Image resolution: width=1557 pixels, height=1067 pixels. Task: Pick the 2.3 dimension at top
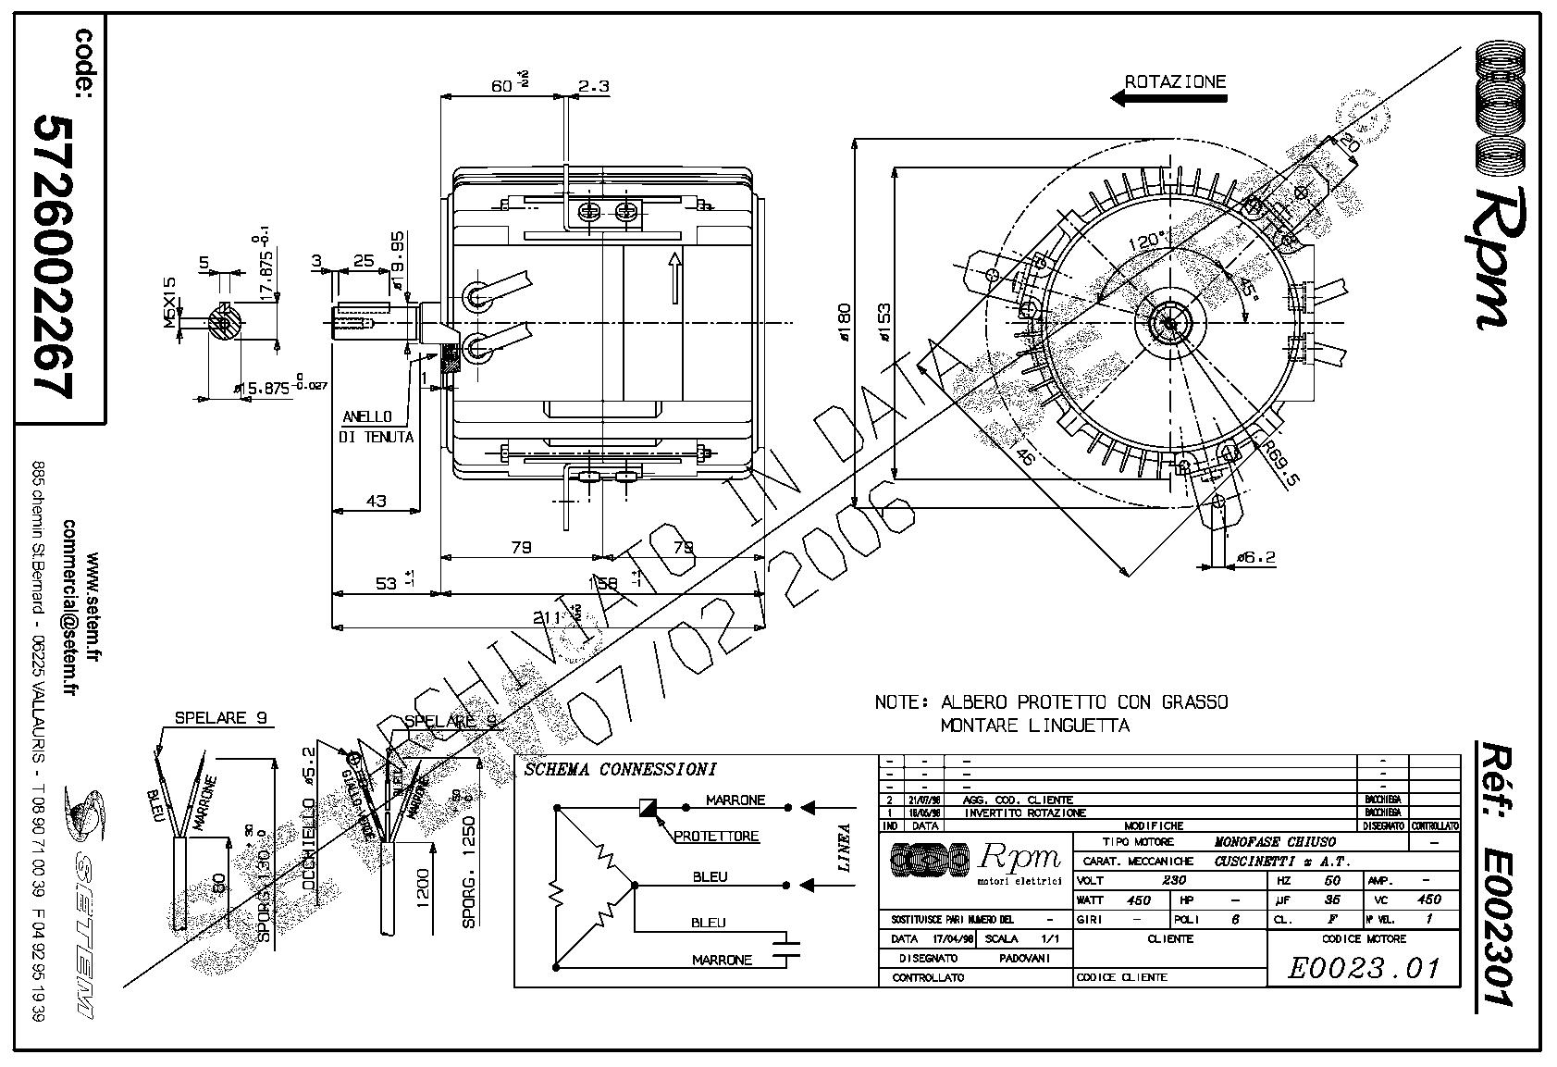(593, 86)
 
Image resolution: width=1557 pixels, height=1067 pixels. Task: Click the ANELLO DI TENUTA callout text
(376, 427)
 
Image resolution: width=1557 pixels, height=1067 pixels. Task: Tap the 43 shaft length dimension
(376, 502)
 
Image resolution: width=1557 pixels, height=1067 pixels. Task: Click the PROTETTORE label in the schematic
(716, 837)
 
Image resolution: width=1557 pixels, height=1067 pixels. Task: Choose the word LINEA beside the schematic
(844, 848)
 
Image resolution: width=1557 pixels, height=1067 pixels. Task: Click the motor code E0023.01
(1365, 969)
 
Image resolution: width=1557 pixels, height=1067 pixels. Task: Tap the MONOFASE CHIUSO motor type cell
(1274, 842)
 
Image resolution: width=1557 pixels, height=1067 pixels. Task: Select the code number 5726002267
(53, 257)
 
